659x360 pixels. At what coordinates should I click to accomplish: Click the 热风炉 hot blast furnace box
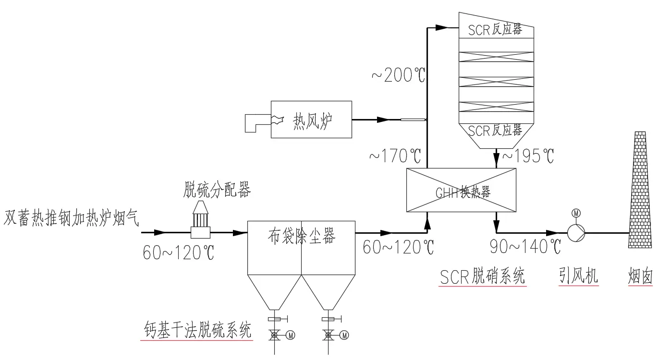coord(311,120)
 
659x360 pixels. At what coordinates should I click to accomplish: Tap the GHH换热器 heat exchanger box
coord(462,190)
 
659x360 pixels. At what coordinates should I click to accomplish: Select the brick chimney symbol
coord(640,190)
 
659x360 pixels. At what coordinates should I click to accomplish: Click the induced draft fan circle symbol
coord(576,233)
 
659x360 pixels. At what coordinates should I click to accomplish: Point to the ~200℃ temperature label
coord(398,75)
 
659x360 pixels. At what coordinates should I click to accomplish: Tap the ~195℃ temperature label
coord(528,156)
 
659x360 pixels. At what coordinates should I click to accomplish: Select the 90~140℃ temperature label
coord(525,247)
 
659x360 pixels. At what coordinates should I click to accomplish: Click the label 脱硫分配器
coord(217,190)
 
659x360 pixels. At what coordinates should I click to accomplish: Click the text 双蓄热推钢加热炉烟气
coord(72,218)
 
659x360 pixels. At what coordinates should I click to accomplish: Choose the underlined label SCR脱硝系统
coord(482,276)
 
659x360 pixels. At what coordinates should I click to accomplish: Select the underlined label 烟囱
coord(641,276)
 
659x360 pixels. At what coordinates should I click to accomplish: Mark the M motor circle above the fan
coord(576,213)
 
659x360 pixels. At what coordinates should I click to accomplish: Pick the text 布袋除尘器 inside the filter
coord(301,236)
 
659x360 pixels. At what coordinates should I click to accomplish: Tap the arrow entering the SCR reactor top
coord(442,28)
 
